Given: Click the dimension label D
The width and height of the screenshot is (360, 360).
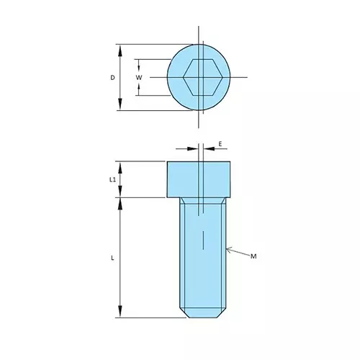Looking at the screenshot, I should click(112, 77).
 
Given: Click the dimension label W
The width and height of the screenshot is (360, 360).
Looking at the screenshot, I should click(139, 77).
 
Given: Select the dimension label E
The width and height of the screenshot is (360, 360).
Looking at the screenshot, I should click(220, 144).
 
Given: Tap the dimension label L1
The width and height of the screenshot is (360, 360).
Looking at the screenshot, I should click(112, 179).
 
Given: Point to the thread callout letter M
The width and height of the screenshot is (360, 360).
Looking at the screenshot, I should click(253, 256).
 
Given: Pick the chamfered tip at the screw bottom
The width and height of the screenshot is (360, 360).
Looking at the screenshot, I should click(202, 314).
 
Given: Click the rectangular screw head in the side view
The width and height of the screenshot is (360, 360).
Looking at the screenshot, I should click(199, 179).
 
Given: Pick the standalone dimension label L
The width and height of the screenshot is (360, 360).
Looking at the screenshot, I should click(112, 257).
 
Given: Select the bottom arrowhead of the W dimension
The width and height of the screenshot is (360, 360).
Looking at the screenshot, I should click(139, 91).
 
